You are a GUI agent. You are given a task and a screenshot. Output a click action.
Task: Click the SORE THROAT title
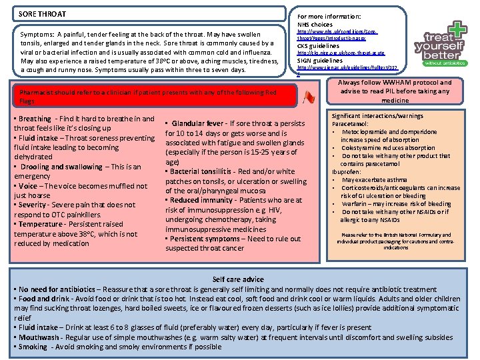click(42, 14)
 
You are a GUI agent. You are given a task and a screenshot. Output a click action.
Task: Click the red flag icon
click(308, 98)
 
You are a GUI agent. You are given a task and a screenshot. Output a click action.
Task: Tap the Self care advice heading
click(237, 279)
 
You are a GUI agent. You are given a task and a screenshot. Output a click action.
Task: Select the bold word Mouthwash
click(41, 337)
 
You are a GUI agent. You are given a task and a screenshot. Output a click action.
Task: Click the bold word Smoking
click(33, 347)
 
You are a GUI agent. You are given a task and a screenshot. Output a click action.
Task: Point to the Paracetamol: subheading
click(351, 123)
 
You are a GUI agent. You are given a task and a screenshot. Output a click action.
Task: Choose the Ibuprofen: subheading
click(348, 172)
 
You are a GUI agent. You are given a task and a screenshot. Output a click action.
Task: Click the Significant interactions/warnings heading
click(377, 115)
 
